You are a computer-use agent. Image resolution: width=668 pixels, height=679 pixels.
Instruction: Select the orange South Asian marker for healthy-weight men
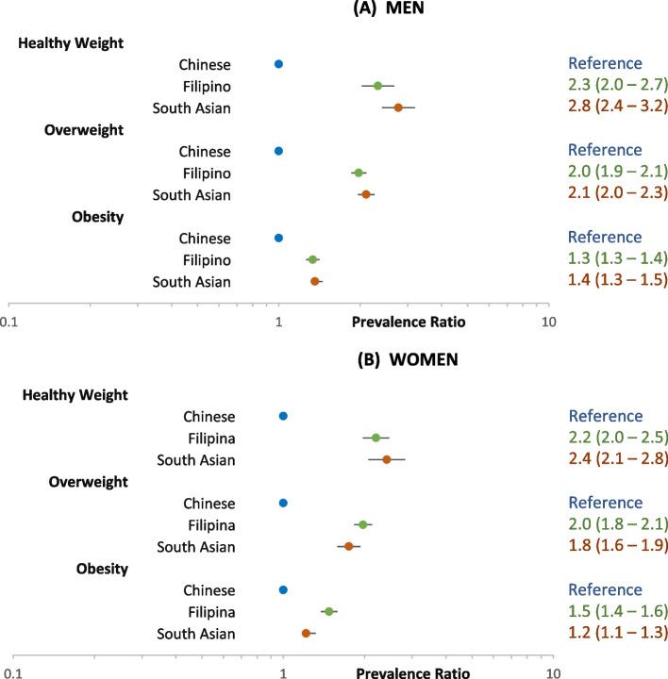click(x=398, y=108)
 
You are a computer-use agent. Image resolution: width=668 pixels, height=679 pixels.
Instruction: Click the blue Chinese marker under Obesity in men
click(x=278, y=238)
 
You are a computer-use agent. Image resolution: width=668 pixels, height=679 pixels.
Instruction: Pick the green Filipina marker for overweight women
click(x=362, y=524)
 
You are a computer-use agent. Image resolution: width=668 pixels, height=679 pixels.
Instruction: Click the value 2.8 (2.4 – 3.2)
click(x=617, y=108)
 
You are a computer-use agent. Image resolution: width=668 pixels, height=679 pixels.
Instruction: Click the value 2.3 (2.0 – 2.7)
click(x=617, y=86)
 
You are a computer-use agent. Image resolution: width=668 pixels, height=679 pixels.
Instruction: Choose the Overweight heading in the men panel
click(x=84, y=129)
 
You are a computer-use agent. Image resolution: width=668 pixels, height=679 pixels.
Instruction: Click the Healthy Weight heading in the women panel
click(x=75, y=394)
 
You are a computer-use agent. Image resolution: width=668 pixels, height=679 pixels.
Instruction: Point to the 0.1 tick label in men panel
click(x=9, y=322)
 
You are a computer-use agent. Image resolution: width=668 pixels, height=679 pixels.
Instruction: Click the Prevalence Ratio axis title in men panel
click(x=409, y=322)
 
